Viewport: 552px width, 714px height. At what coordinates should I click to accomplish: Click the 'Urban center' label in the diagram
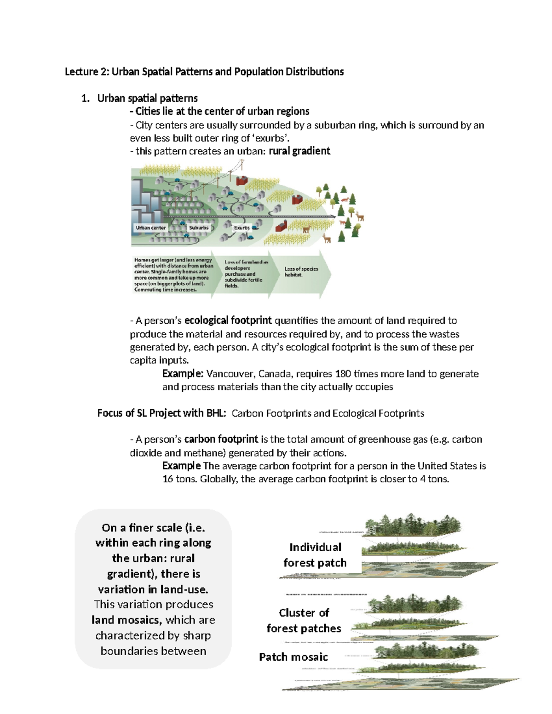pyautogui.click(x=150, y=228)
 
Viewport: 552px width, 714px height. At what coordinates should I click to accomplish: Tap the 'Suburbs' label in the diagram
pyautogui.click(x=199, y=228)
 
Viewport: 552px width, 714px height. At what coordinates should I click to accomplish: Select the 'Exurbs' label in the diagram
pyautogui.click(x=241, y=228)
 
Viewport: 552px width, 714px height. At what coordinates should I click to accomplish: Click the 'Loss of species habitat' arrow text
pyautogui.click(x=301, y=272)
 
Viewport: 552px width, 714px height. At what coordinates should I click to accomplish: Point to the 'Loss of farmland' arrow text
pyautogui.click(x=246, y=274)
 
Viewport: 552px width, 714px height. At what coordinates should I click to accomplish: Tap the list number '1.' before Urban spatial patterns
pyautogui.click(x=85, y=98)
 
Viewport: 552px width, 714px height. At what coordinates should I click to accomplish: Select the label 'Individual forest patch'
pyautogui.click(x=315, y=555)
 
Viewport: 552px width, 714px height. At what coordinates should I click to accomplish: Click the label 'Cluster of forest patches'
pyautogui.click(x=304, y=621)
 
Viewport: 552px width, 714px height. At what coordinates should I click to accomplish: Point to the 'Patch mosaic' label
pyautogui.click(x=293, y=657)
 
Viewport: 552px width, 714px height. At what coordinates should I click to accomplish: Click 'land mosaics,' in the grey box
pyautogui.click(x=126, y=620)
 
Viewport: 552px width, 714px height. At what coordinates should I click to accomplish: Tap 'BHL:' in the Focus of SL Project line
pyautogui.click(x=216, y=413)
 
